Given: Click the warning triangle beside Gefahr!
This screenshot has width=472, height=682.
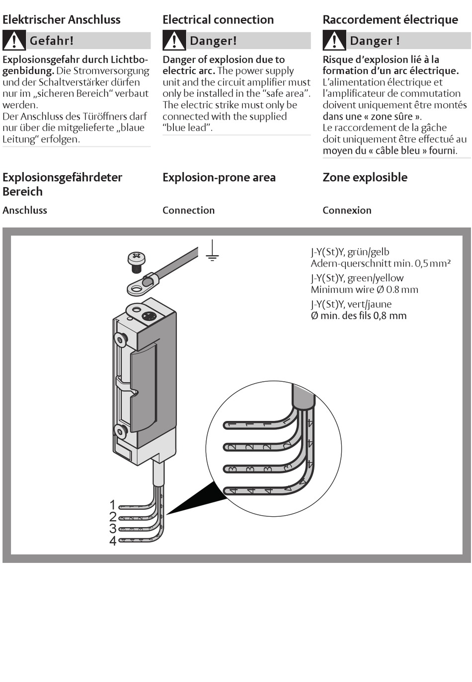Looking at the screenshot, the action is point(14,40).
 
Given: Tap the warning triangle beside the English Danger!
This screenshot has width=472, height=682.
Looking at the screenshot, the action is point(174,40).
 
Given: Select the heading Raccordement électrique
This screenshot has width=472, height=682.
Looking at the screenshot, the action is point(390,20).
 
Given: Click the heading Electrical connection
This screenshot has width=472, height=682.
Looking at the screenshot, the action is point(218,20).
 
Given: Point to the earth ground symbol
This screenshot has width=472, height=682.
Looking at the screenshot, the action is point(212,251).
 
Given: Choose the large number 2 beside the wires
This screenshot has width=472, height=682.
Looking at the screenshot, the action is point(113,517).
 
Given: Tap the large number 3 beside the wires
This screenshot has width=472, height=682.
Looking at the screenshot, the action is point(113,529).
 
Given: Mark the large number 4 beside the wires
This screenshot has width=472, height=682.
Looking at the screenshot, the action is point(113,541).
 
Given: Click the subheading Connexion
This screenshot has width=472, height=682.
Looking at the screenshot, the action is point(347,210).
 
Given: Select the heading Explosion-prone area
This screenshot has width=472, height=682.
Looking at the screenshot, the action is point(219,177).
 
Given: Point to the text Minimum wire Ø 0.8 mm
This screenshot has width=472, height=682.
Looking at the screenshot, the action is point(364,289).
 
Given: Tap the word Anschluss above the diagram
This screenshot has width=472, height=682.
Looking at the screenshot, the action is point(25,210).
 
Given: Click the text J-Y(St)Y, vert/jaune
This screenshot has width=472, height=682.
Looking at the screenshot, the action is point(351,304).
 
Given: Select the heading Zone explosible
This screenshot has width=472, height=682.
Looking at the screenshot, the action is point(365,177).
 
